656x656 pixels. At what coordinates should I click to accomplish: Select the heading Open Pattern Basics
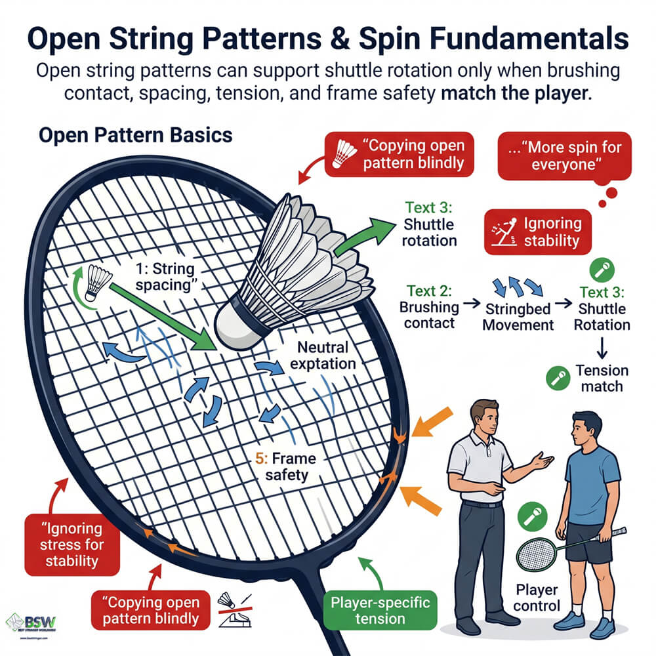135,136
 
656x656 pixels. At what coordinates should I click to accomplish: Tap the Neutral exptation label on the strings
326,354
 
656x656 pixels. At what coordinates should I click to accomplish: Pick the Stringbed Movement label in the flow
518,316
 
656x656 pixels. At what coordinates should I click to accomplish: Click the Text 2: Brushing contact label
428,306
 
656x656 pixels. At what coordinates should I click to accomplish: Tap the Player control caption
537,598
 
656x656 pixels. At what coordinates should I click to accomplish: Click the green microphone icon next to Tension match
558,378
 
